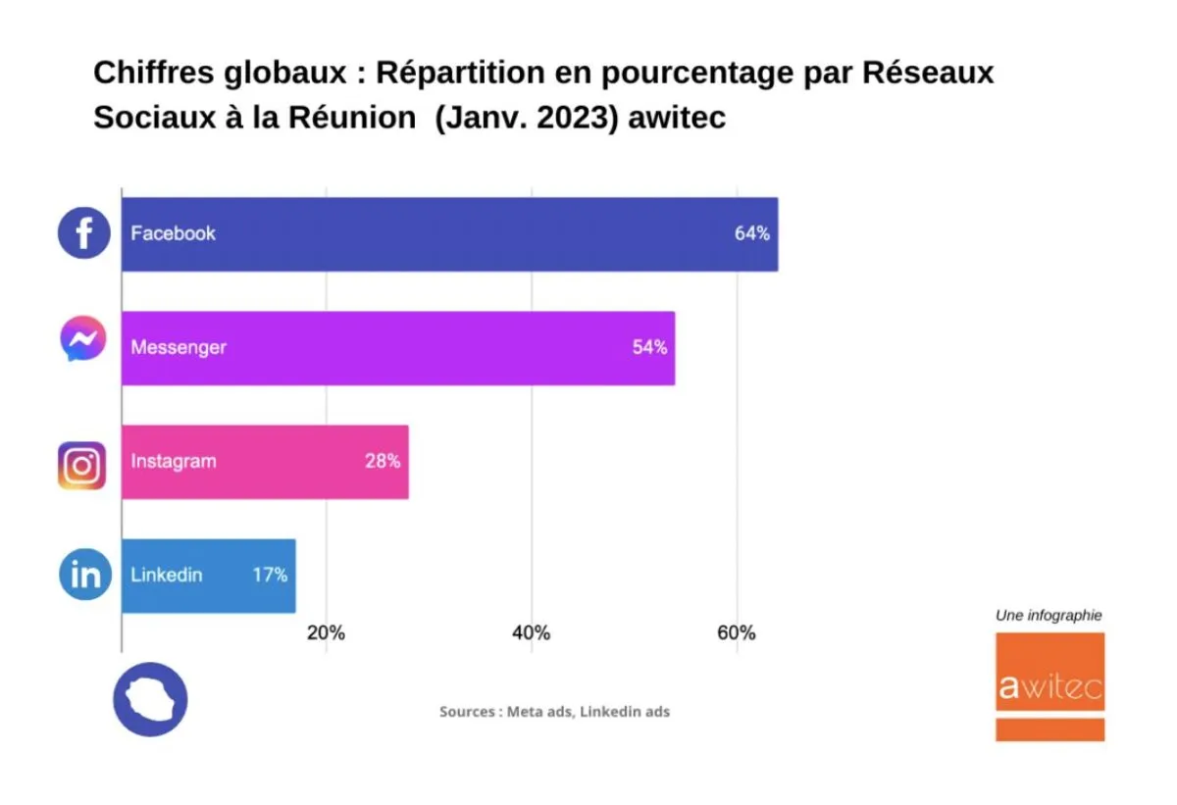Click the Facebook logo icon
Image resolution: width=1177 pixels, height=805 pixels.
coord(83,233)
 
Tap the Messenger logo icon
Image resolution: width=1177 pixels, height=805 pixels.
coord(83,339)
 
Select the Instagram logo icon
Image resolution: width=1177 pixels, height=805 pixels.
coord(82,465)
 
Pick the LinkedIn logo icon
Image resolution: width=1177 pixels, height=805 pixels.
coord(85,576)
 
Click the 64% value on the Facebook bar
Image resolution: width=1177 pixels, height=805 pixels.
coord(752,233)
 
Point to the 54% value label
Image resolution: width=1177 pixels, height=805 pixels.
coord(649,347)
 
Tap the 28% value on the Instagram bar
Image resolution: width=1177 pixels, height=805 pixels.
coord(383,461)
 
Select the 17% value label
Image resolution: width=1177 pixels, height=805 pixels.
coord(270,576)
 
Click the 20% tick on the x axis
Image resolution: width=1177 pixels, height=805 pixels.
coord(326,633)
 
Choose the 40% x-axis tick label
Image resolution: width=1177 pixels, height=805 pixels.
coord(531,633)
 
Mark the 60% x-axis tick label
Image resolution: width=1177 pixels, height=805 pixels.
coord(736,633)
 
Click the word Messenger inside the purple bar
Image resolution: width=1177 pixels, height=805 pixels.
coord(179,347)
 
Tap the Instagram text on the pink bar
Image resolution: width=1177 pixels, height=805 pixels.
coord(174,461)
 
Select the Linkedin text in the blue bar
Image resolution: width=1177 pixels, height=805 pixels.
coord(167,576)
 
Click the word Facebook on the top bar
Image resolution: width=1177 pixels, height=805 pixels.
coord(174,233)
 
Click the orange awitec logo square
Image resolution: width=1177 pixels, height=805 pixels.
coord(1049,686)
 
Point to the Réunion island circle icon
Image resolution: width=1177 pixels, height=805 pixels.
coord(150,699)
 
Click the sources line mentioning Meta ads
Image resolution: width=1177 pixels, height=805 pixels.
coord(554,712)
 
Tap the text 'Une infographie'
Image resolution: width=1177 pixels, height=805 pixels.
coord(1049,616)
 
